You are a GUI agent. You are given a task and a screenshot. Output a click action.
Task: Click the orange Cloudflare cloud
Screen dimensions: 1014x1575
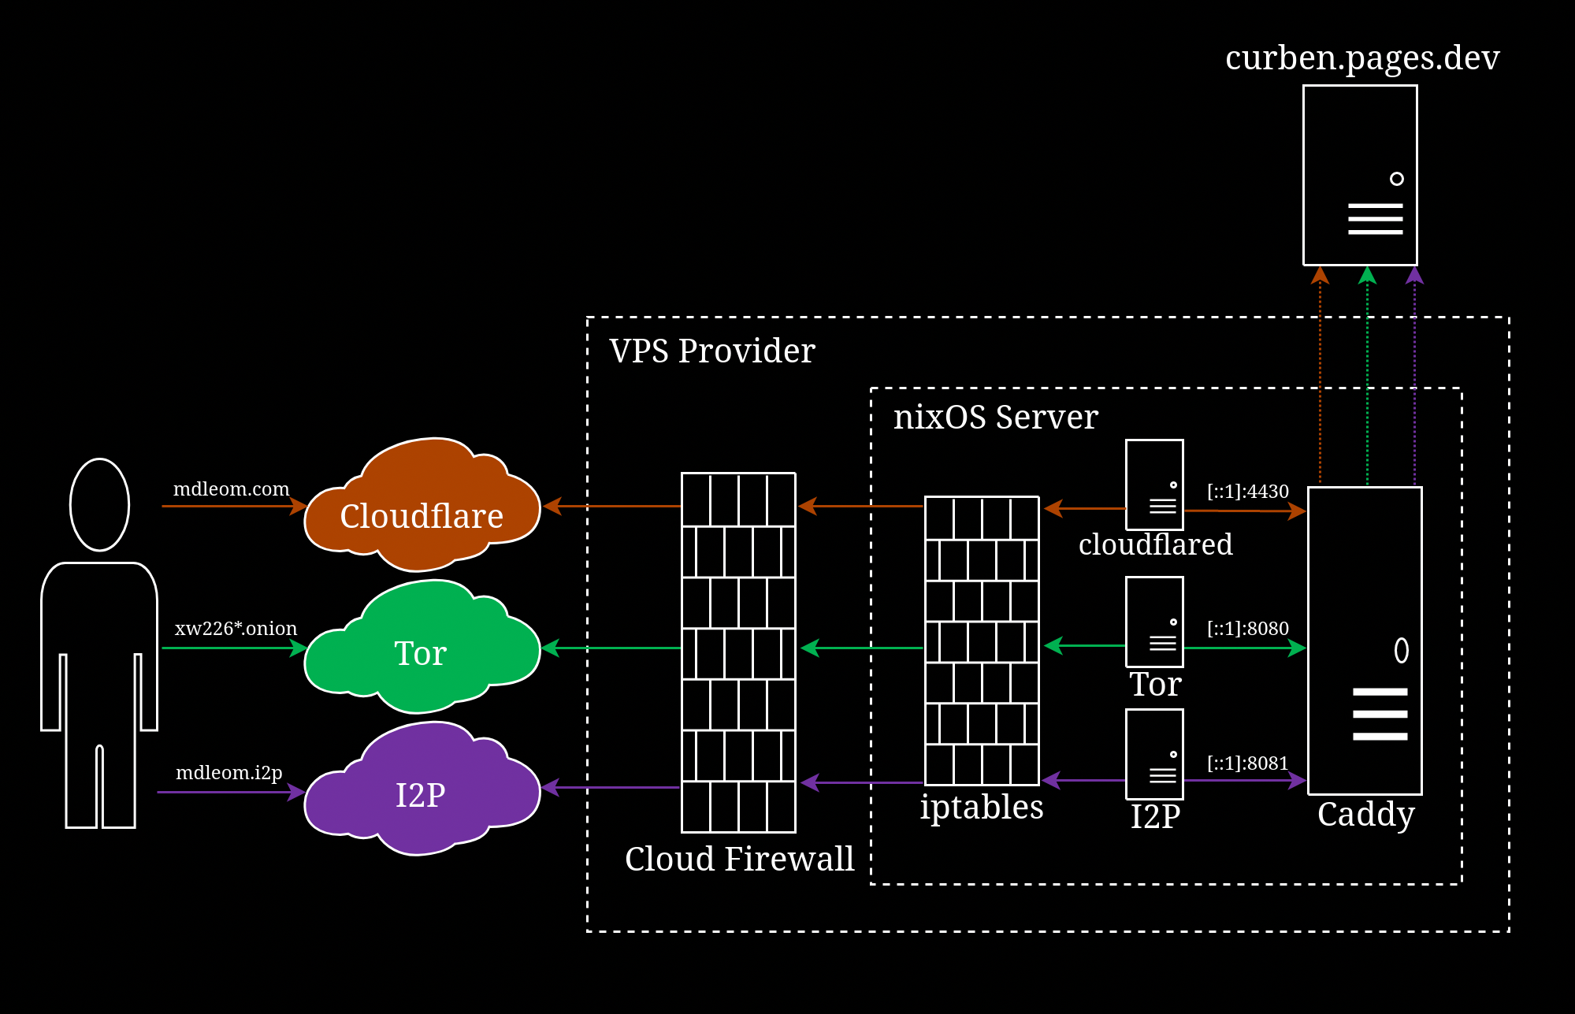(422, 516)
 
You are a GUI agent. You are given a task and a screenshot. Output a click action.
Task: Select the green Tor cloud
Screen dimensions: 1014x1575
(422, 652)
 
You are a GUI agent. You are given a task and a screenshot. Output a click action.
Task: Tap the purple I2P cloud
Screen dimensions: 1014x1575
(422, 794)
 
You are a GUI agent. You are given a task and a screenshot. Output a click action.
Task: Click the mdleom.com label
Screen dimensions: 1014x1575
(231, 488)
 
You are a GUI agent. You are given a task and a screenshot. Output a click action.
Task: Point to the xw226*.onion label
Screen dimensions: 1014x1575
(236, 628)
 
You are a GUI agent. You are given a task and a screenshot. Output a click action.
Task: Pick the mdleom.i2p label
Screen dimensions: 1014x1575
(228, 772)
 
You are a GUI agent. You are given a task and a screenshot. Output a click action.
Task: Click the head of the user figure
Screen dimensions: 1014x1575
(99, 504)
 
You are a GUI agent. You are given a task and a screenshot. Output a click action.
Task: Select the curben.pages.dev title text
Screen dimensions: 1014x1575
(1362, 58)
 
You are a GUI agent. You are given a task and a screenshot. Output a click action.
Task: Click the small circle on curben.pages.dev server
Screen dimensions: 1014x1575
(1396, 179)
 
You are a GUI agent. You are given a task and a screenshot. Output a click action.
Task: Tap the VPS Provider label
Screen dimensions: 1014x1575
(711, 351)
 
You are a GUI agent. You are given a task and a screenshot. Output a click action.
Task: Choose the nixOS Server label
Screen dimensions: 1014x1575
(995, 417)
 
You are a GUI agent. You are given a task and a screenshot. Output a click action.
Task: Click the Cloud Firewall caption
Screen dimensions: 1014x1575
(739, 858)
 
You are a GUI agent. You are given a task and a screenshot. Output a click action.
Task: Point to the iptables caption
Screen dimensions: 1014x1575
(981, 807)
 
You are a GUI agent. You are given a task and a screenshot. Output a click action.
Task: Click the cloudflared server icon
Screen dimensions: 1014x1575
(1154, 485)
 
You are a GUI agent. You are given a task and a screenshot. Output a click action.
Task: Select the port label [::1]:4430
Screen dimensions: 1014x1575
(1247, 491)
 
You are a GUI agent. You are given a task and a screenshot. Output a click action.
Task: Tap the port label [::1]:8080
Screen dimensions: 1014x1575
(1247, 628)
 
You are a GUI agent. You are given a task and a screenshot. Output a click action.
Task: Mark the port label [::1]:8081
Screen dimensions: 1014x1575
(1247, 763)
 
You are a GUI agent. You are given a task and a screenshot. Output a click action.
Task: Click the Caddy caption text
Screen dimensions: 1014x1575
(1365, 814)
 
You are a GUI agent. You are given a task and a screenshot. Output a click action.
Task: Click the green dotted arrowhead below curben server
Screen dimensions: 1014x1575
(1367, 275)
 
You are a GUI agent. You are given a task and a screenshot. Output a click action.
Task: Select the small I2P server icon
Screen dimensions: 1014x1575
(1154, 754)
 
